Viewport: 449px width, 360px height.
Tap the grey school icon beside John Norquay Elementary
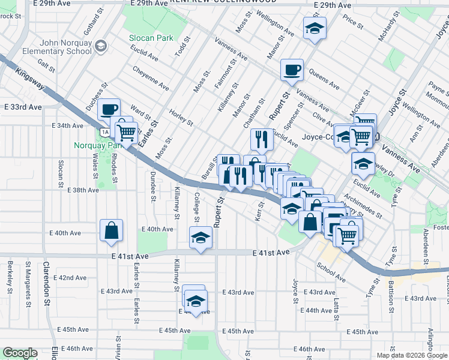tap(101, 46)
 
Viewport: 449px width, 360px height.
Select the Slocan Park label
tap(151, 38)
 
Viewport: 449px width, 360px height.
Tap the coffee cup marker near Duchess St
tap(109, 110)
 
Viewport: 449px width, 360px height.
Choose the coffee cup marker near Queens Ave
tap(292, 70)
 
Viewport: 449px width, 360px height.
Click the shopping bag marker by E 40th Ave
tap(112, 230)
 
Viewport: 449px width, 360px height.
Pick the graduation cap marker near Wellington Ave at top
tap(315, 28)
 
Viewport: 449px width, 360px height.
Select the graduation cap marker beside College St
tap(200, 237)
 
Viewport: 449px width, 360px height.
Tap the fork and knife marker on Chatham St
tap(262, 140)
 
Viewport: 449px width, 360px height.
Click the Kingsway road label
tap(31, 76)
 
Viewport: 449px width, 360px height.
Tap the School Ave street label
tap(331, 273)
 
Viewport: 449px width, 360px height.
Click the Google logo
tap(20, 353)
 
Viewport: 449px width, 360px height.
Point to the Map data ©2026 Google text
tap(411, 355)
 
